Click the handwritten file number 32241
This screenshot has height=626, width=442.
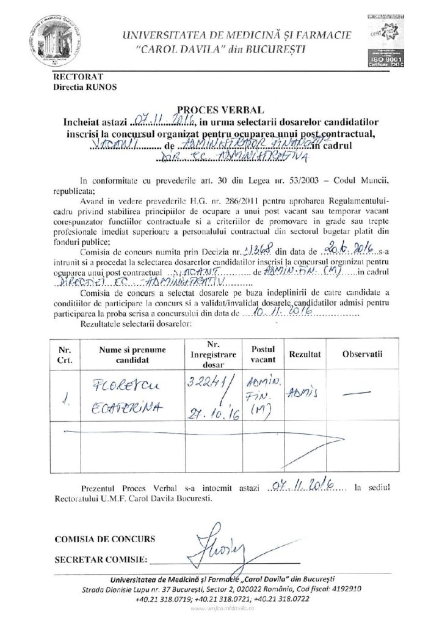(208, 385)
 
